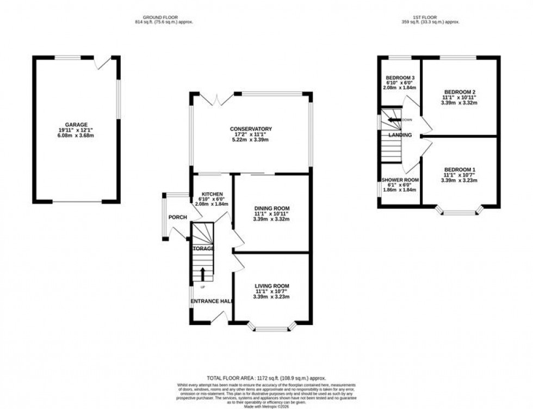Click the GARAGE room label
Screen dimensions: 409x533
pyautogui.click(x=76, y=125)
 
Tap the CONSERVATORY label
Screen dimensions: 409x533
pyautogui.click(x=250, y=129)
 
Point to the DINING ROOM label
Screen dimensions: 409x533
pyautogui.click(x=272, y=209)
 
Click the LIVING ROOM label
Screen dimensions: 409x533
pyautogui.click(x=272, y=286)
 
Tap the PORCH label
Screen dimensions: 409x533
pyautogui.click(x=178, y=218)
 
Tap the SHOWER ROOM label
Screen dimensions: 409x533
pyautogui.click(x=400, y=180)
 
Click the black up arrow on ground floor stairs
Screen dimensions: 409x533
pyautogui.click(x=203, y=273)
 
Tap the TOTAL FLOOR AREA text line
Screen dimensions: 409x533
pyautogui.click(x=266, y=377)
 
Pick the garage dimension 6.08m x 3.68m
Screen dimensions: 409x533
pyautogui.click(x=76, y=136)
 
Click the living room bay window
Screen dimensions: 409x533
pyautogui.click(x=271, y=328)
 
